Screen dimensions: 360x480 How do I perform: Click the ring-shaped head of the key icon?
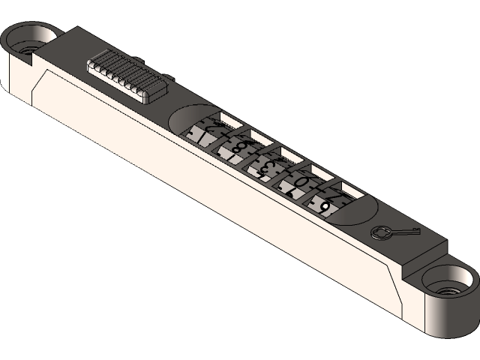coord(382,232)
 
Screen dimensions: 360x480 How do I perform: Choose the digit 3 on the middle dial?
coord(271,163)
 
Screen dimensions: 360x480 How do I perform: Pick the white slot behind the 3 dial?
coord(289,155)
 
